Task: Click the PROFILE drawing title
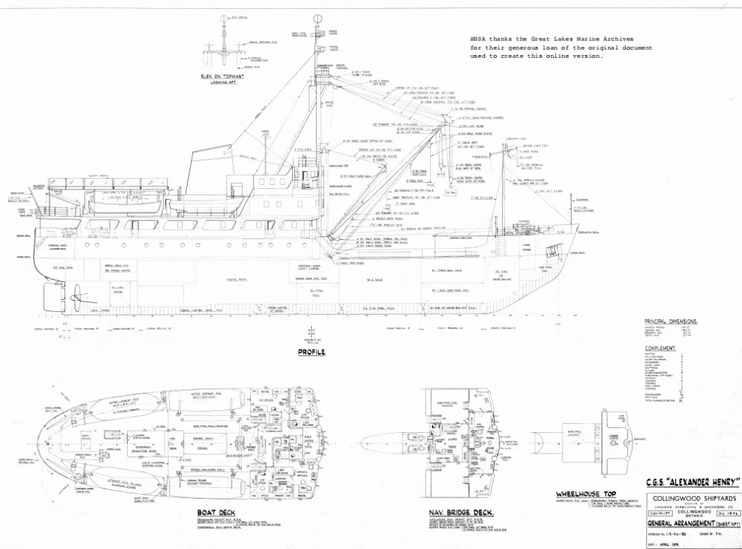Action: pos(311,352)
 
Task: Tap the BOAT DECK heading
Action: pos(216,513)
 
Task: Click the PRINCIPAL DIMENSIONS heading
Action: pos(671,322)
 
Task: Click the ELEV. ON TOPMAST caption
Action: pos(223,76)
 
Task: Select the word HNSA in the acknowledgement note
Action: pos(478,39)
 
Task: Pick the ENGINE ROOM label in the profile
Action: pos(236,279)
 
